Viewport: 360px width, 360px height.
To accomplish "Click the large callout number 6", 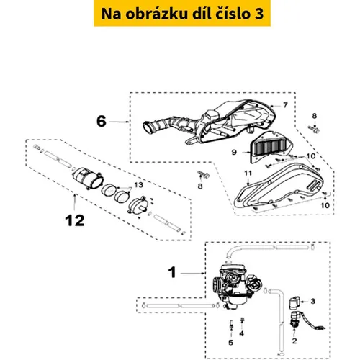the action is (102, 121).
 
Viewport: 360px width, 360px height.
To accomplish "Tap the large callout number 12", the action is (75, 220).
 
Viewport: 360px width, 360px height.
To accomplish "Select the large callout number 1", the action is (172, 273).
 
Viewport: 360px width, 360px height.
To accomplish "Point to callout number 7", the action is (285, 105).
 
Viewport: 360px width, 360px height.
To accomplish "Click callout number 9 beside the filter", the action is (234, 152).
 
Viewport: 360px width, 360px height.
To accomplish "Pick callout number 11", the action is (248, 174).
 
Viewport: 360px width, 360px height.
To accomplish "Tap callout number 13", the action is (138, 185).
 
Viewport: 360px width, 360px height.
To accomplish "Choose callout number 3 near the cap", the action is (313, 301).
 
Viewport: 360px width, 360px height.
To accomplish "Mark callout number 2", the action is (294, 341).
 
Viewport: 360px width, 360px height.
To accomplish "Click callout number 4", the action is (242, 333).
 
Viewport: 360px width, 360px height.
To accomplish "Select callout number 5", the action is (231, 343).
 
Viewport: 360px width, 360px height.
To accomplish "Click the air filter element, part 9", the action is (270, 145).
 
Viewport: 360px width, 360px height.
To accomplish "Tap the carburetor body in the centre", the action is (236, 286).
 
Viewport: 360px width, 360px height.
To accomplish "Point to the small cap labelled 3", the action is (294, 303).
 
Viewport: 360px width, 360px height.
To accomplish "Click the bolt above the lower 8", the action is (204, 174).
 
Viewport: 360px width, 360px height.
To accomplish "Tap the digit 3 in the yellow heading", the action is (258, 14).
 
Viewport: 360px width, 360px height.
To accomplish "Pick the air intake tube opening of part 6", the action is (148, 127).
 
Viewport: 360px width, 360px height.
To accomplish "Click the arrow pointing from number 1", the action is (193, 274).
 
